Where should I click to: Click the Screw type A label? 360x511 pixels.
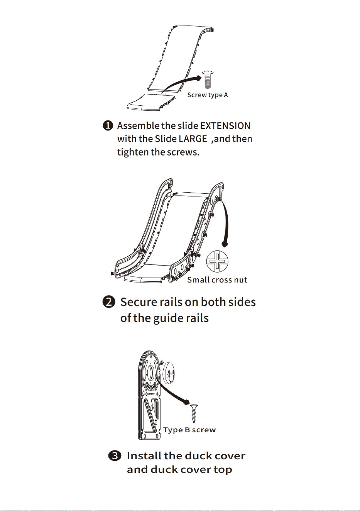click(207, 95)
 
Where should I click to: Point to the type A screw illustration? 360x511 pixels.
click(208, 80)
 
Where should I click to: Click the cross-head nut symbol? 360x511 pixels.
click(217, 262)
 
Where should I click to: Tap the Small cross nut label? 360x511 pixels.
click(217, 280)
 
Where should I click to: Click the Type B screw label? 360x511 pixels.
click(189, 430)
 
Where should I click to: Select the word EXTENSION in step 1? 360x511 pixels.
click(225, 126)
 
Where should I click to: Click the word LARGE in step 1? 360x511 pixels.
click(193, 139)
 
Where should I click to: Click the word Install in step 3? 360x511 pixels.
click(144, 456)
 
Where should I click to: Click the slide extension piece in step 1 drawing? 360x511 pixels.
click(151, 102)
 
